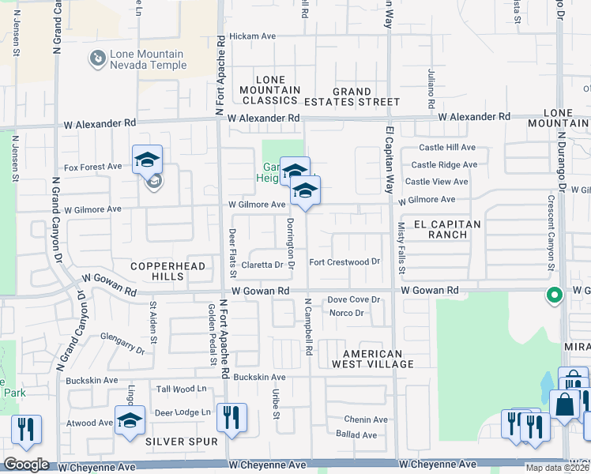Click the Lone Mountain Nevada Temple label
149,59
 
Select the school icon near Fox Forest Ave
147,160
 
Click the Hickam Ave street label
252,36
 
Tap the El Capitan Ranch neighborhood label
454,229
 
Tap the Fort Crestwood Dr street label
344,261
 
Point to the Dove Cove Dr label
354,300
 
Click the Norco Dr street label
346,313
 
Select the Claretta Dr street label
262,265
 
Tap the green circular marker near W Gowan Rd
555,296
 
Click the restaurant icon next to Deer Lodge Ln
232,416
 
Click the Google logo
26,464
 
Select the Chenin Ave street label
365,419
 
